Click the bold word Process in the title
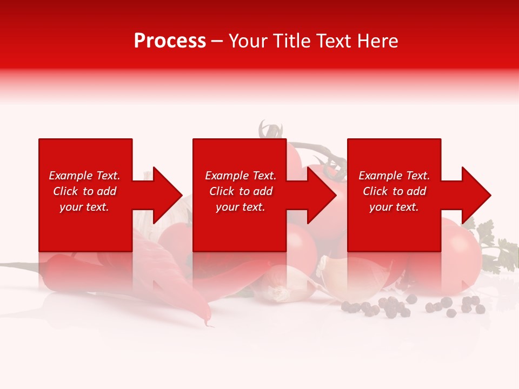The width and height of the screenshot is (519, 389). click(x=170, y=41)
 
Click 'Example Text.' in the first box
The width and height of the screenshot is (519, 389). click(x=84, y=176)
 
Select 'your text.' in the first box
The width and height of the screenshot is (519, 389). click(x=84, y=207)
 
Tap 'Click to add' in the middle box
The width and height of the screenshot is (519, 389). click(x=241, y=191)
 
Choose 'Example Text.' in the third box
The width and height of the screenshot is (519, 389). click(x=394, y=176)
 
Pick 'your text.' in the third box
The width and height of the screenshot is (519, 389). click(x=394, y=207)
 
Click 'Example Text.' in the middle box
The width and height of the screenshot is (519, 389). click(x=241, y=176)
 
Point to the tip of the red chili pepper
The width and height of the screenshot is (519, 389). click(x=208, y=323)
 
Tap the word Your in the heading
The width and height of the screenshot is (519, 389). click(x=248, y=41)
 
